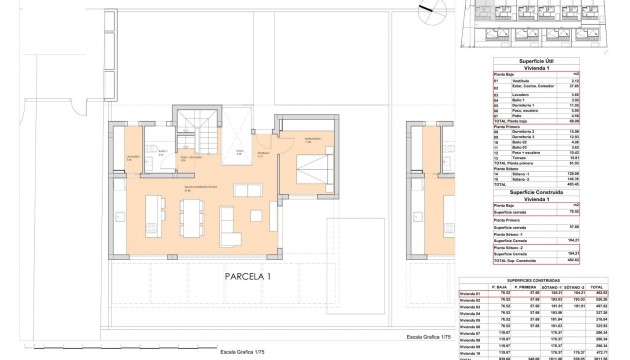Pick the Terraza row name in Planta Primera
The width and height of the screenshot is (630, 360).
[x=515, y=157]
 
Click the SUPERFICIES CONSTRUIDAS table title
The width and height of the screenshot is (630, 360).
[x=546, y=280]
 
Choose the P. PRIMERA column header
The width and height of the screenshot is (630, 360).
[x=546, y=287]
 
